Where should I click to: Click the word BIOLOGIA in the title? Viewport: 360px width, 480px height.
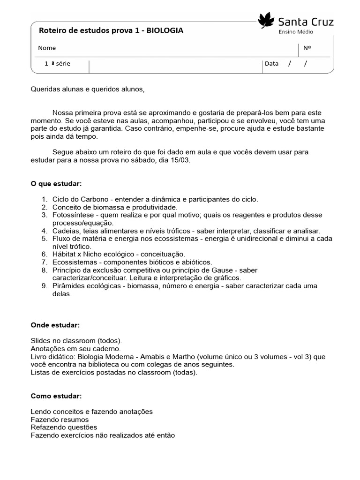tap(165, 30)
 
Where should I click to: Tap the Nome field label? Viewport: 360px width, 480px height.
tap(47, 48)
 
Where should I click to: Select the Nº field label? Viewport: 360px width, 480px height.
tap(307, 48)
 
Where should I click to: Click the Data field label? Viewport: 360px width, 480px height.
tap(271, 64)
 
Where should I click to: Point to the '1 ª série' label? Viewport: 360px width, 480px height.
tap(57, 64)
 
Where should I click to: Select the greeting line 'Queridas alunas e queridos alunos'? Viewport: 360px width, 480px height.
tap(88, 89)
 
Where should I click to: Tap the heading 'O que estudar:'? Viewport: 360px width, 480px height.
tap(56, 183)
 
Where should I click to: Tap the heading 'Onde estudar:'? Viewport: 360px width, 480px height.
tap(55, 325)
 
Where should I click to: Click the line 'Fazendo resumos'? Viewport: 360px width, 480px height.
tap(60, 420)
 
